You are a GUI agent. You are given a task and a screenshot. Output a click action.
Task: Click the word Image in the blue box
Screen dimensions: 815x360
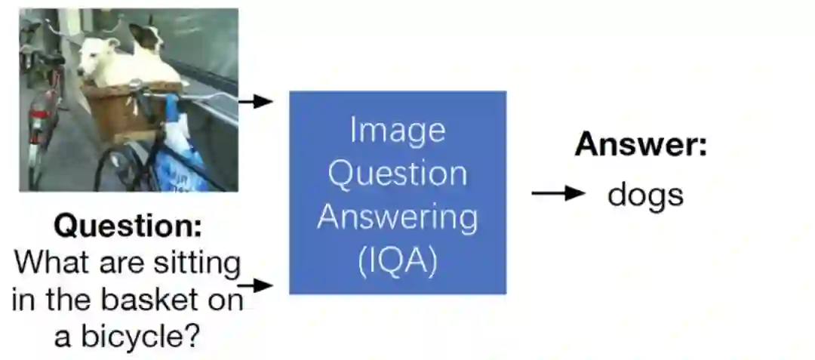pos(398,131)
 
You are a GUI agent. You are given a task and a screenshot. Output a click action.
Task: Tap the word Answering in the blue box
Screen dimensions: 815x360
pos(398,218)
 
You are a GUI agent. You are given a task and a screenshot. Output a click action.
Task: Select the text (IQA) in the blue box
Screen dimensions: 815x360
pos(398,262)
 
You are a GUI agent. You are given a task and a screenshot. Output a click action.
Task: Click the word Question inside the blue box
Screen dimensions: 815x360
pos(398,174)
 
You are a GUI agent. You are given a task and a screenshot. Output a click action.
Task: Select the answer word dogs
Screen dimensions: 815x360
pos(646,195)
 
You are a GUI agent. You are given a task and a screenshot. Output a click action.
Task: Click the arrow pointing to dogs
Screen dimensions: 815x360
pos(558,193)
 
